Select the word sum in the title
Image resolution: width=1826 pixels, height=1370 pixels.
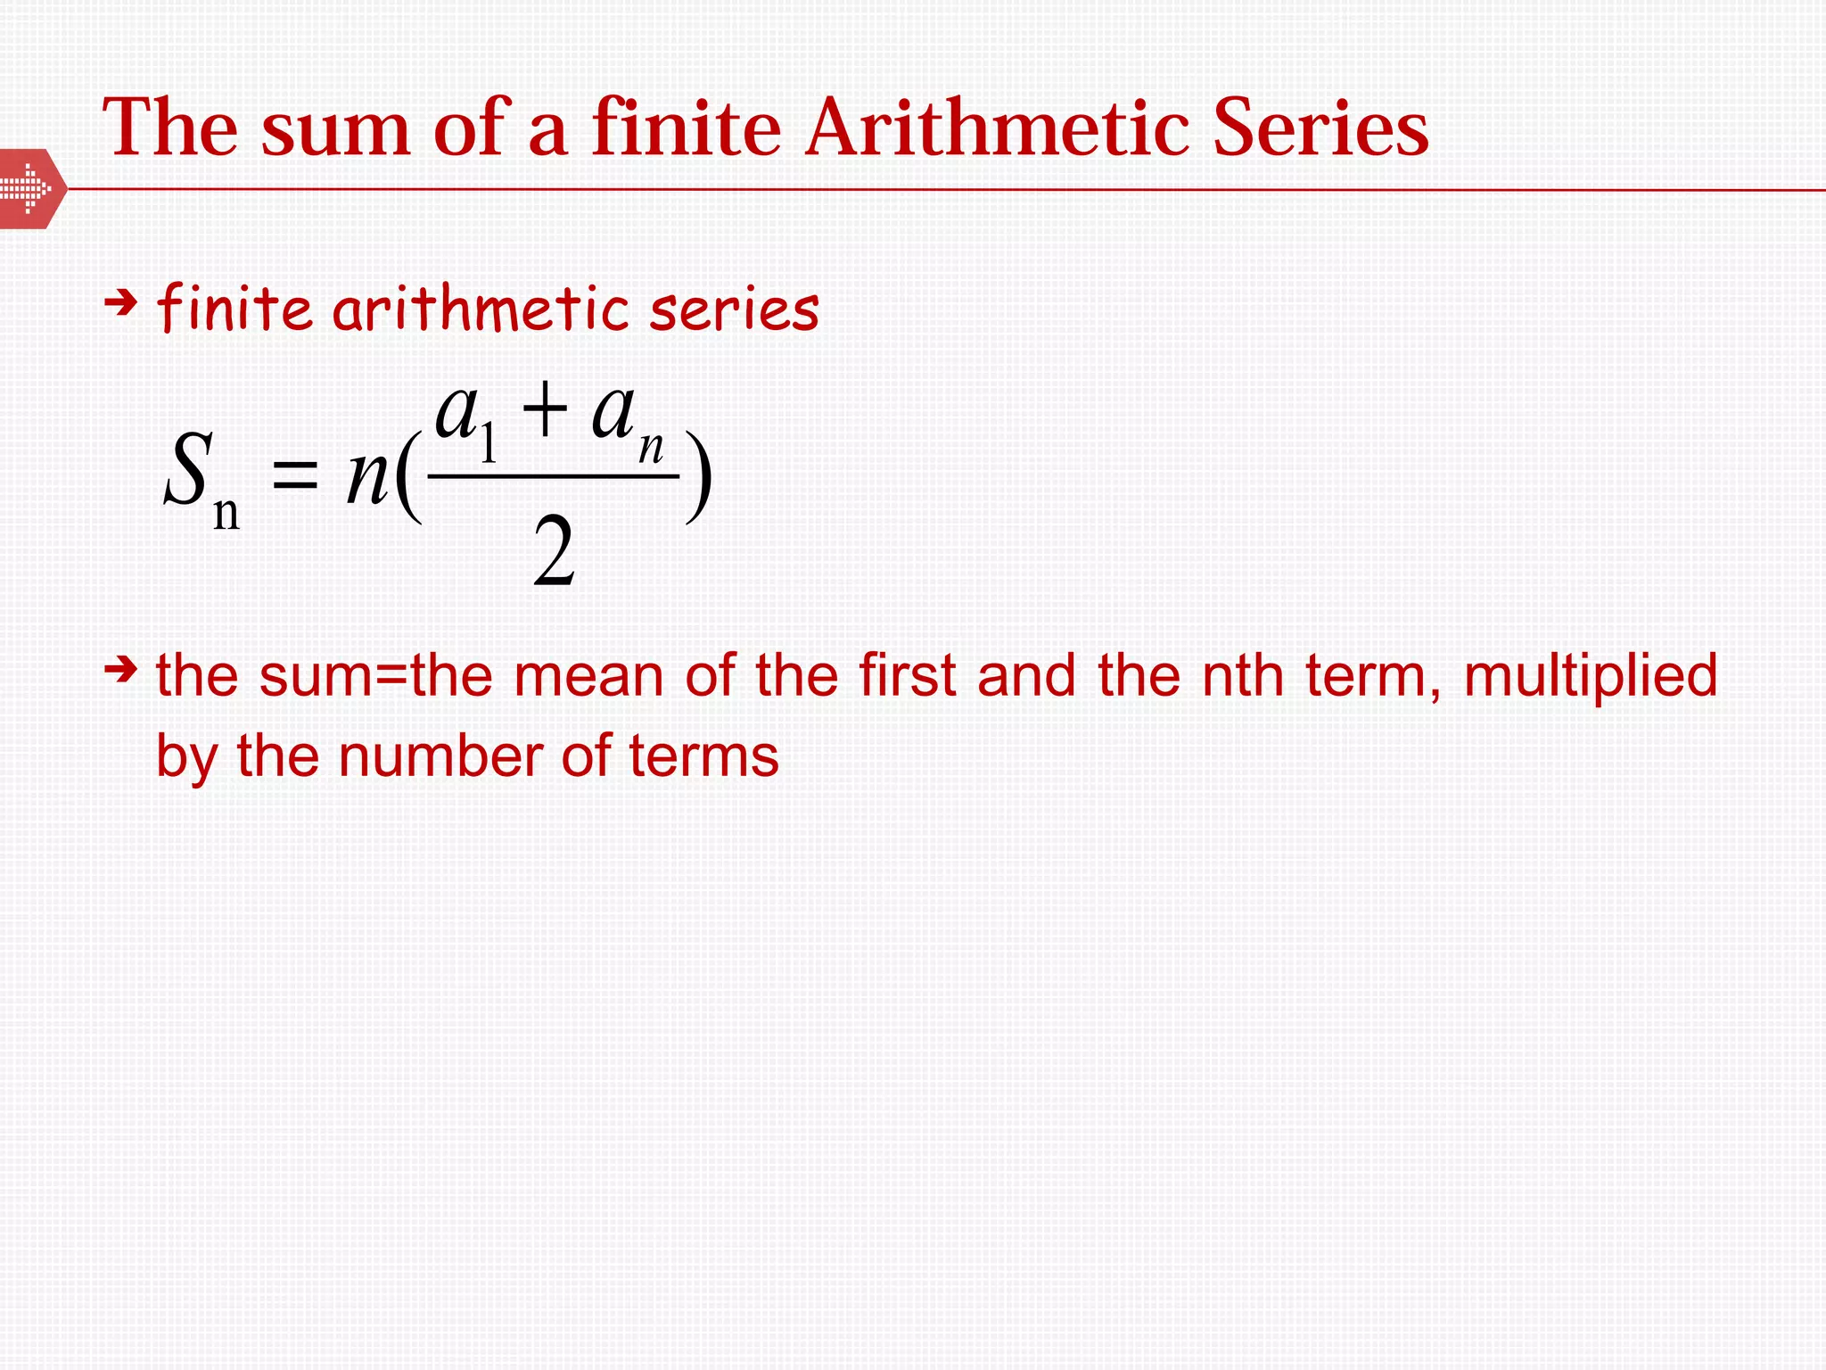335,130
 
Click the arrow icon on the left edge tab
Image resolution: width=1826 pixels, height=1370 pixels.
27,188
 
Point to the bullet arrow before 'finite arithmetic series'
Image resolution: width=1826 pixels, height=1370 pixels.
120,304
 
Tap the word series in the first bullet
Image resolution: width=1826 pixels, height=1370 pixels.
734,309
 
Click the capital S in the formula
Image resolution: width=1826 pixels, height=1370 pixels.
188,469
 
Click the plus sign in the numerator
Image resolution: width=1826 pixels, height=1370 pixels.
545,410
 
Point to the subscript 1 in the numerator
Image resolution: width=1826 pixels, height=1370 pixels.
488,443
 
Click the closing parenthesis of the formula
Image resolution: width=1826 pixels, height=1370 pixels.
698,477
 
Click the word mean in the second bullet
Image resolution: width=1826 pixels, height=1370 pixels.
588,675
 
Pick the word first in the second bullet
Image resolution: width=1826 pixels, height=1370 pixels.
907,675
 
